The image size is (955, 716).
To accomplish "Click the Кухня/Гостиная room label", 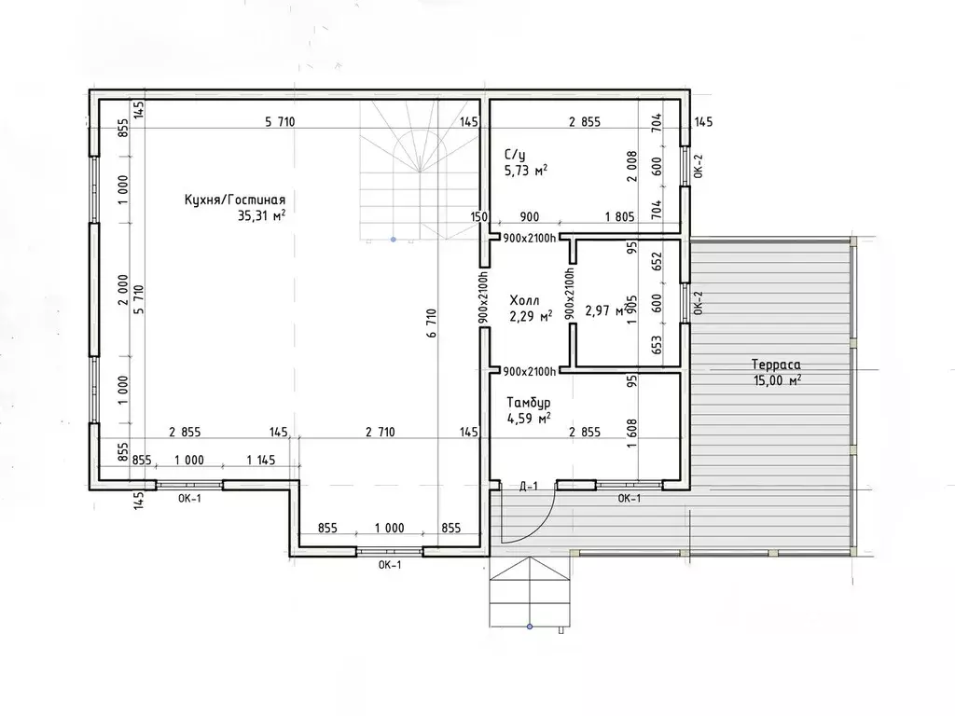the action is (x=234, y=200).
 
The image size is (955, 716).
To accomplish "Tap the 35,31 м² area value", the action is (x=262, y=215).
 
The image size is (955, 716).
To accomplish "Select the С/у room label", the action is (x=515, y=155).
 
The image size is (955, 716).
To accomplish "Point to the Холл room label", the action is (x=524, y=301).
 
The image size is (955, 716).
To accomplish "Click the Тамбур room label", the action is (x=529, y=403).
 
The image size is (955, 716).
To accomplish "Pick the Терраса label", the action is (x=776, y=365).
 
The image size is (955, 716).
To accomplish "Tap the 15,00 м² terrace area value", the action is (x=777, y=380).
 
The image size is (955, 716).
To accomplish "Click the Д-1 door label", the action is (x=528, y=486).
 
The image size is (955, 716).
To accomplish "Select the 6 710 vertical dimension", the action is (x=431, y=324).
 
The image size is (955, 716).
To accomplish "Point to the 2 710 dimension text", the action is (x=381, y=433).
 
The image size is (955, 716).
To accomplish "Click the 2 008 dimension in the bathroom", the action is (x=631, y=166).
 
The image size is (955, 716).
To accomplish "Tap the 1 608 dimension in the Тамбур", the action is (x=631, y=434).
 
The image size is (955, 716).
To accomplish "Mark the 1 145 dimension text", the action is (x=261, y=461).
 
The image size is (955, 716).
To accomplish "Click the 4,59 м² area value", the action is (x=529, y=419).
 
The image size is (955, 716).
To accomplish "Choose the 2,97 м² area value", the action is (x=604, y=311).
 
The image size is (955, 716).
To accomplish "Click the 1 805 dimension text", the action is (x=619, y=216).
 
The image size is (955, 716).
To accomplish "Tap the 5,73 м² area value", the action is (x=526, y=171).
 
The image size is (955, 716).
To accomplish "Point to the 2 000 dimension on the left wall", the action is (x=123, y=290).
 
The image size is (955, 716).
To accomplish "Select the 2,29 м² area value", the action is (x=531, y=316).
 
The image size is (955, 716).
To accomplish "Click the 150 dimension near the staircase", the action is (x=479, y=216).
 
